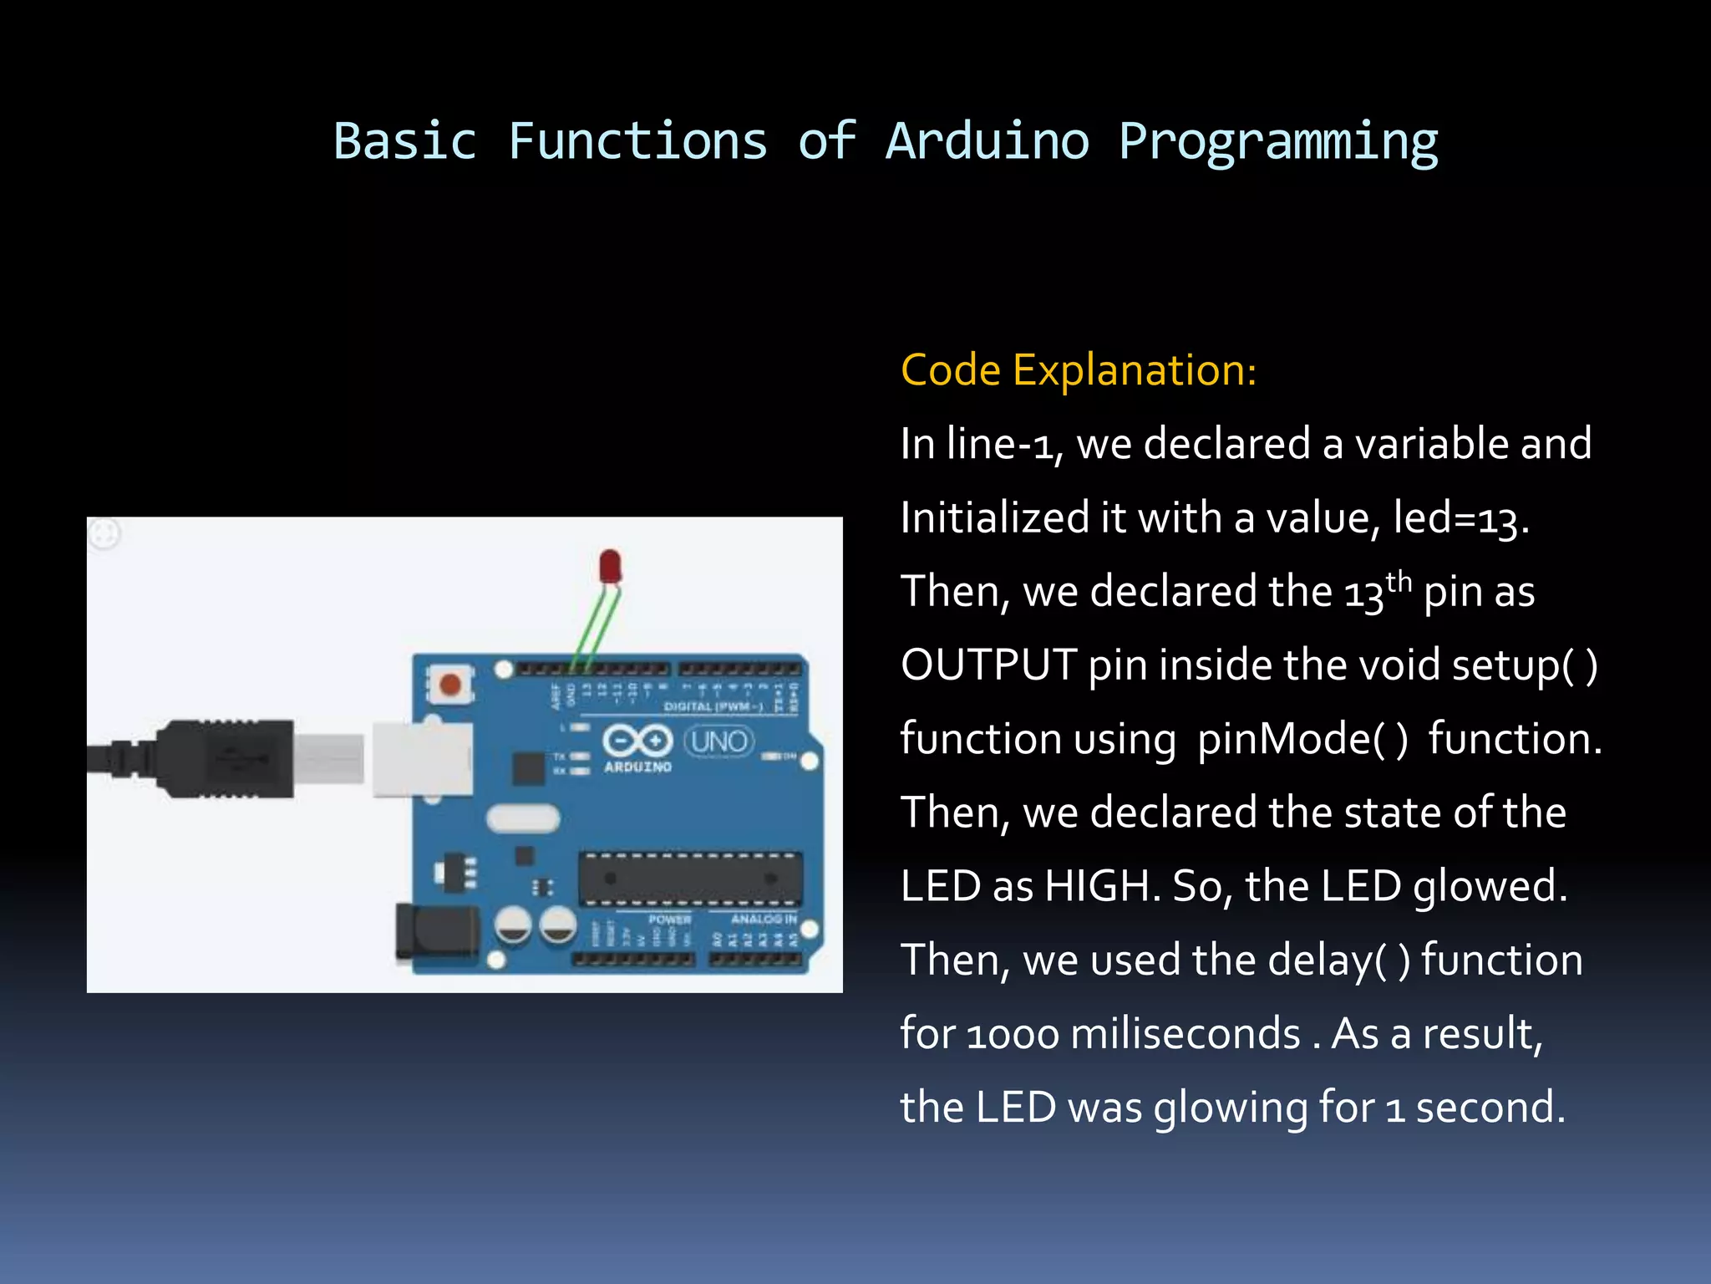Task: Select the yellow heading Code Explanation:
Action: tap(1078, 370)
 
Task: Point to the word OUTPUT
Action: tap(988, 665)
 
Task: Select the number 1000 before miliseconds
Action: tap(1013, 1035)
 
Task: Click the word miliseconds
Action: tap(1185, 1034)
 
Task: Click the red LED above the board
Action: tap(611, 566)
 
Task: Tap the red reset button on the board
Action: tap(450, 685)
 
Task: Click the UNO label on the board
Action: tap(718, 741)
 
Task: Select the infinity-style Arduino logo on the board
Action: tap(637, 741)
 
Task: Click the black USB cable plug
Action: tap(226, 759)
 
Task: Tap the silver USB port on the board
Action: tap(423, 759)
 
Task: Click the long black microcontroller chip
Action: tap(690, 879)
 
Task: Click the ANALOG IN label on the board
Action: tap(763, 919)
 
